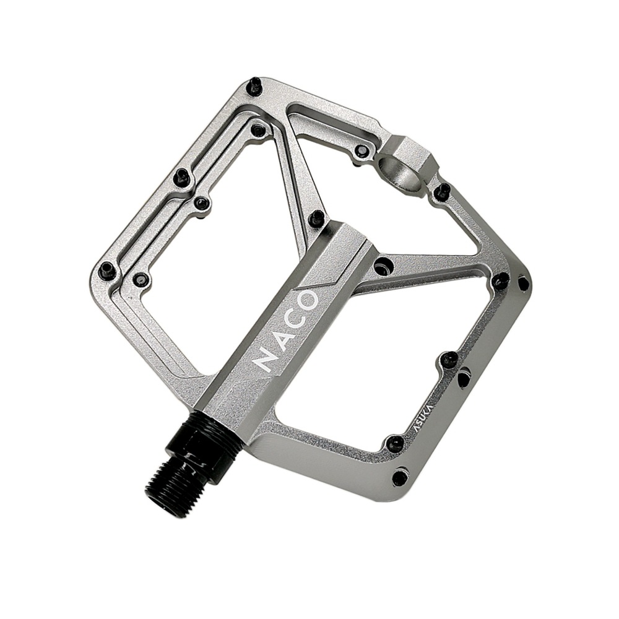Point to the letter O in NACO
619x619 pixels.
tap(308, 301)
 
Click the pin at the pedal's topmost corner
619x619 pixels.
tap(253, 87)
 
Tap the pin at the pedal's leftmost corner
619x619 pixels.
tap(107, 269)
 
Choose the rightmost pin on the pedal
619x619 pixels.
tap(523, 283)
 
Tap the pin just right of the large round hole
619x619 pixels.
tap(442, 191)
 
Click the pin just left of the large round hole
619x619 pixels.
tap(360, 152)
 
